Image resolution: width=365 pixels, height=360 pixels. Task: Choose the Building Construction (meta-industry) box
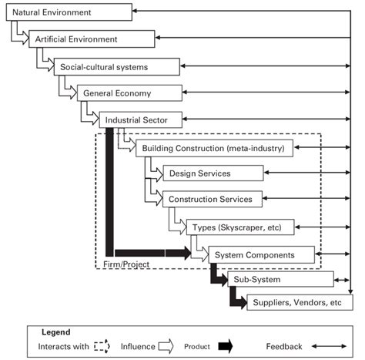click(x=214, y=147)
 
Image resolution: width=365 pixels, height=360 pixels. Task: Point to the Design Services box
click(x=213, y=173)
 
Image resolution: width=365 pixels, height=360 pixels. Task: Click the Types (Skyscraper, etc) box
click(x=239, y=227)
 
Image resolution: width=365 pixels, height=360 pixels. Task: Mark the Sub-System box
click(x=280, y=278)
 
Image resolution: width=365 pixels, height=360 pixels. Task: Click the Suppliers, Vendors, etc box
click(x=296, y=303)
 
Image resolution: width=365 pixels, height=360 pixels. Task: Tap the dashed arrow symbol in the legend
click(x=102, y=347)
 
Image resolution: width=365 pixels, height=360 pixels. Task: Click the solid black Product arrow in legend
click(x=224, y=347)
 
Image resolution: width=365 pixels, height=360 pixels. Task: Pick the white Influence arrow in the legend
click(x=165, y=347)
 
